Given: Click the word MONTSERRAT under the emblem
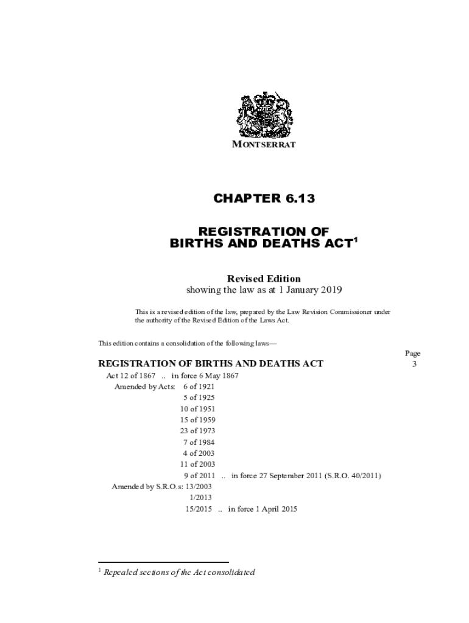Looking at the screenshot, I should point(264,145).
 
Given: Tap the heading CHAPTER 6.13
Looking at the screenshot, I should point(264,198).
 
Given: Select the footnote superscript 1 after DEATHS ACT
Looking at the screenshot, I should point(356,239).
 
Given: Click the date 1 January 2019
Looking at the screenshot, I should point(308,290).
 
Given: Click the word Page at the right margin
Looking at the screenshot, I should point(412,353).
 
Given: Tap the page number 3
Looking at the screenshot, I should point(414,364).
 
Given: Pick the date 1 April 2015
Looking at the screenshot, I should point(272,509).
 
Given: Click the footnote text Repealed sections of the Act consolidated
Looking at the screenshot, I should point(179,572).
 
